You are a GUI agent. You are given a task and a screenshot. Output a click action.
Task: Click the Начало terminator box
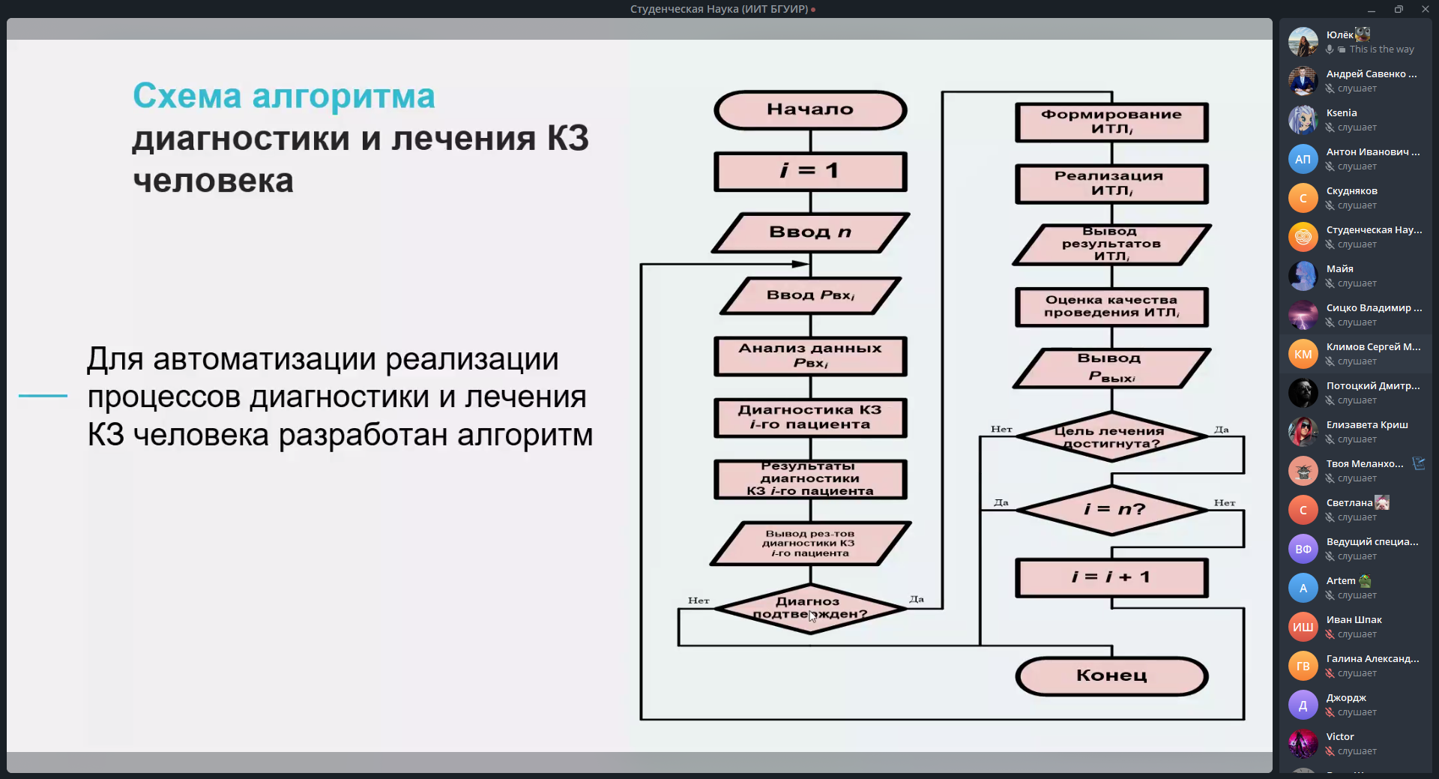[810, 109]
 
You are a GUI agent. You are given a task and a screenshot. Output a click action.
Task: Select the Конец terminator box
[1111, 676]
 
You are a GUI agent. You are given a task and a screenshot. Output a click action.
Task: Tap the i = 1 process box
[810, 171]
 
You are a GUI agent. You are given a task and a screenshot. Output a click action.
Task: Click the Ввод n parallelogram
[810, 232]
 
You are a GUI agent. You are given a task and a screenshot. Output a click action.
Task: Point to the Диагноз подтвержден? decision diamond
[810, 608]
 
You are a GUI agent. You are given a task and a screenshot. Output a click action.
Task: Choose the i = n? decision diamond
[1111, 510]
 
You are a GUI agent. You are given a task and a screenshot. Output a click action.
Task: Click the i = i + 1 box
[1111, 577]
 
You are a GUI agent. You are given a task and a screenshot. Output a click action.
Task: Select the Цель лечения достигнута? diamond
[1111, 436]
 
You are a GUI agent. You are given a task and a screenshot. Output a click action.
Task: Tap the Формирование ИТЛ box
[1111, 122]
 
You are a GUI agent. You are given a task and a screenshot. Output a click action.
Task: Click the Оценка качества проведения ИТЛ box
[1111, 307]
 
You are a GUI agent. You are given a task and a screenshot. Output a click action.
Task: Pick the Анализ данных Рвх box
[810, 355]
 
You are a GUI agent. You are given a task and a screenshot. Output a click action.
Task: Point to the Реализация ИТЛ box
[1111, 184]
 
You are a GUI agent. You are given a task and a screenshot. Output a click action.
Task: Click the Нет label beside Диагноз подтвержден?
[699, 601]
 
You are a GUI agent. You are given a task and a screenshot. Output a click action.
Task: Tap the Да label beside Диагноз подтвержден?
[917, 599]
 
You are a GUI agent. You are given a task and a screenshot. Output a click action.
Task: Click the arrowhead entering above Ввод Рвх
[801, 264]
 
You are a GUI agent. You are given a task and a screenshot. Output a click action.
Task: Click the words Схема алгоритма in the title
[284, 96]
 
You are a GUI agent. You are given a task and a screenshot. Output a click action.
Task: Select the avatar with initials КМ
[1303, 354]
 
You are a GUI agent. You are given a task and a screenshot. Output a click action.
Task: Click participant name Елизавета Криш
[1367, 425]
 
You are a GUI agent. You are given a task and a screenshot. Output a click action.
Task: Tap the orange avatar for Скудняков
[1303, 198]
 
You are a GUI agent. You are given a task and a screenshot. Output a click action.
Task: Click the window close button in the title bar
[1425, 9]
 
